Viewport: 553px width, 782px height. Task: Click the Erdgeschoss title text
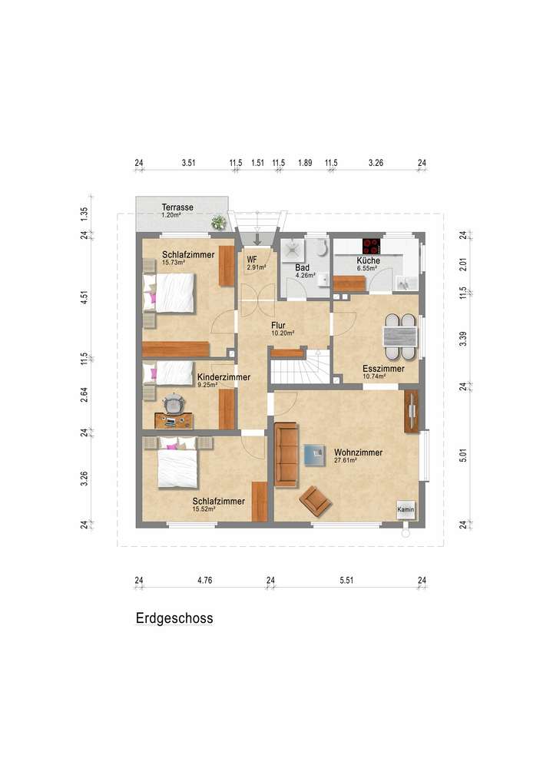pos(174,618)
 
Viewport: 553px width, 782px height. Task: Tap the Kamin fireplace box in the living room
pos(405,509)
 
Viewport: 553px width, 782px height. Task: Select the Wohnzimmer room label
pos(358,453)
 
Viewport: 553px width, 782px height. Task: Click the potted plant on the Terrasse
pos(220,223)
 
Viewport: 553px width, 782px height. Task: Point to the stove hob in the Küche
pos(371,247)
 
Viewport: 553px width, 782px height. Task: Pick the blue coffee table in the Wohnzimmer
pos(314,456)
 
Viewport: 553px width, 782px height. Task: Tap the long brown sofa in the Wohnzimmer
pos(286,454)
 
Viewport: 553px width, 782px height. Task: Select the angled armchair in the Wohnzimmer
pos(316,502)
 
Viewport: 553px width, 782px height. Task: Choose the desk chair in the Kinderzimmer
pos(175,403)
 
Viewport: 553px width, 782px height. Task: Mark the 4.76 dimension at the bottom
pos(204,580)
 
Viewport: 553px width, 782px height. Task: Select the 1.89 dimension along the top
pos(304,163)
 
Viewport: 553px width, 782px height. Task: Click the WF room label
pos(251,260)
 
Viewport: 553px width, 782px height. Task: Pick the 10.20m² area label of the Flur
pos(282,334)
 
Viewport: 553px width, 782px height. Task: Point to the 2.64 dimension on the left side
pos(84,396)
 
